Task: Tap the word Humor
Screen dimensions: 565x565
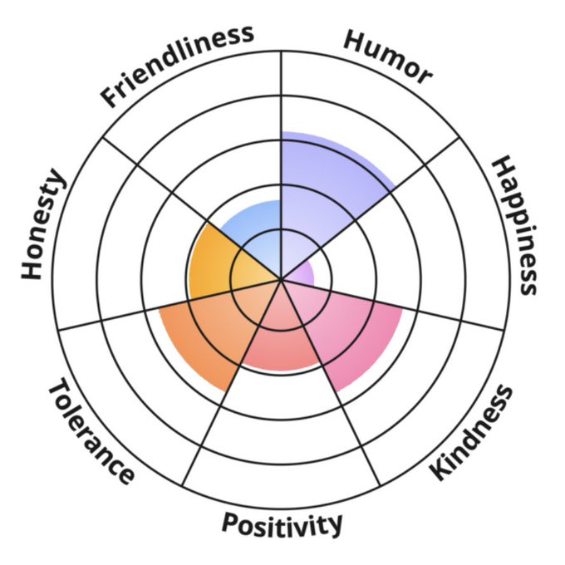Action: (x=388, y=56)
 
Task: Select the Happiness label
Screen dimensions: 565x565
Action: (x=515, y=224)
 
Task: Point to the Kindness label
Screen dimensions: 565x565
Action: (x=471, y=432)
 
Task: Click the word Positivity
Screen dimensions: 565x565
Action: (x=282, y=523)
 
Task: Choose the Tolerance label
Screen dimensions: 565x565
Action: (x=91, y=432)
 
